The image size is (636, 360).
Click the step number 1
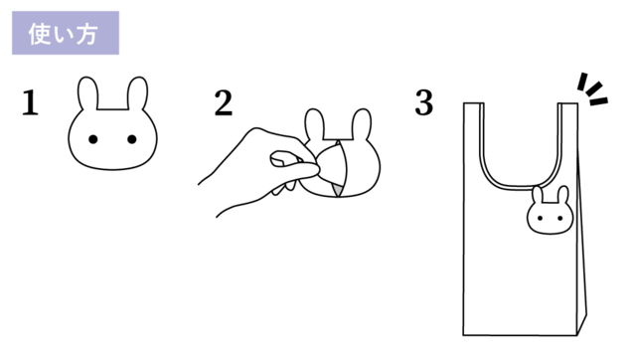[30, 103]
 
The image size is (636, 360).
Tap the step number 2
[224, 103]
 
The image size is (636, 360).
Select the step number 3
[424, 102]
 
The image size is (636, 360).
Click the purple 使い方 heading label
[66, 33]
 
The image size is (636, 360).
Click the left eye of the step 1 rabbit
[92, 139]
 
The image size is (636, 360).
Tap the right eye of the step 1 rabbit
[132, 139]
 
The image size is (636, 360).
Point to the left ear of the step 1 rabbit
[88, 93]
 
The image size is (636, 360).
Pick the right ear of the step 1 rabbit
[137, 93]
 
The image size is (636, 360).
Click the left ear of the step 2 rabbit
[315, 123]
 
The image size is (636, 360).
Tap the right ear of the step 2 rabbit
[361, 123]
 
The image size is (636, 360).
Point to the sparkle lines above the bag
[592, 90]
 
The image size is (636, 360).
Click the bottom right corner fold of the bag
[582, 324]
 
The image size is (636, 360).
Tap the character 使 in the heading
[39, 34]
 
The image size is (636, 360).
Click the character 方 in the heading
[86, 34]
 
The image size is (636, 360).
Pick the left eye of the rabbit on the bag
[540, 219]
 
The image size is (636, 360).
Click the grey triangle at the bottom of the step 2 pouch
[337, 190]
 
